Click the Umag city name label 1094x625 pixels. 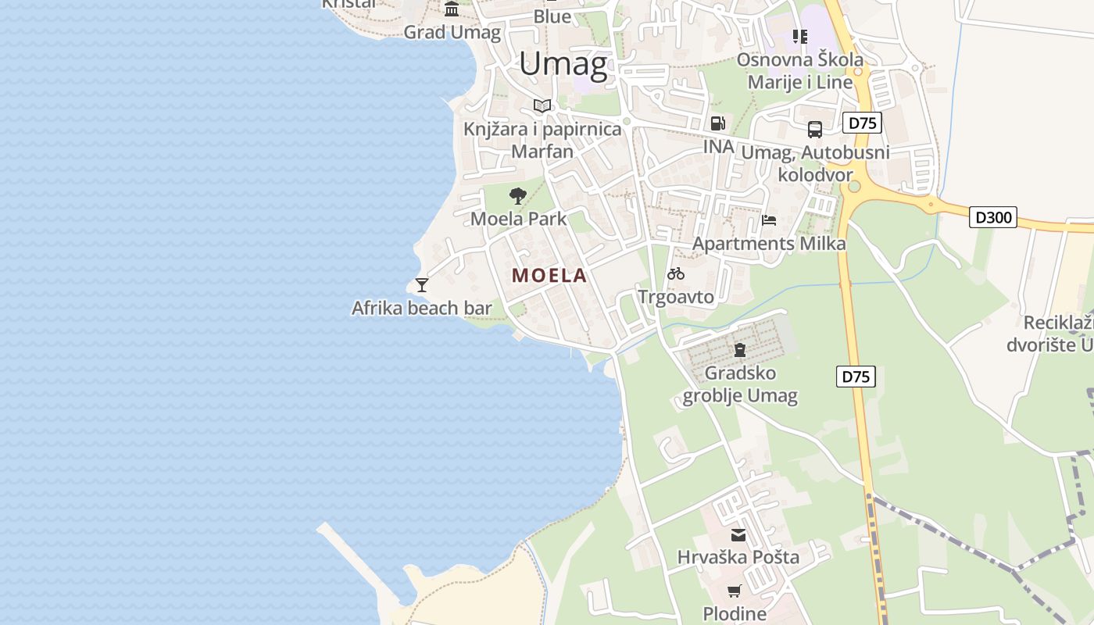pyautogui.click(x=563, y=64)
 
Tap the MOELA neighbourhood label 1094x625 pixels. pyautogui.click(x=549, y=275)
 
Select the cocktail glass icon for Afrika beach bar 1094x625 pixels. pyautogui.click(x=422, y=285)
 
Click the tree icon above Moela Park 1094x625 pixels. pyautogui.click(x=517, y=195)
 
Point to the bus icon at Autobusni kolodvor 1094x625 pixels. pyautogui.click(x=815, y=130)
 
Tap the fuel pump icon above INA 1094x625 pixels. pyautogui.click(x=717, y=123)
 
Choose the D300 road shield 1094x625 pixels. pyautogui.click(x=993, y=217)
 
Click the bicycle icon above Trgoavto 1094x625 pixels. pyautogui.click(x=676, y=273)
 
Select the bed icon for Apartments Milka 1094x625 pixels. pyautogui.click(x=769, y=220)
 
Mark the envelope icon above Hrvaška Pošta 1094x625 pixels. pyautogui.click(x=738, y=535)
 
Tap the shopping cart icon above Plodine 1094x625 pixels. pyautogui.click(x=734, y=591)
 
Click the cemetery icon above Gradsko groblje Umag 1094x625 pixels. pyautogui.click(x=739, y=349)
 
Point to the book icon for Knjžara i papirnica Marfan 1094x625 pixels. pyautogui.click(x=542, y=105)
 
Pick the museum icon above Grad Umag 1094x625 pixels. pyautogui.click(x=452, y=9)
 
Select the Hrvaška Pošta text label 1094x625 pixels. pyautogui.click(x=738, y=557)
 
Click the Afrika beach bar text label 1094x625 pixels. pyautogui.click(x=422, y=308)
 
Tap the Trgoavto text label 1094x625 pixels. pyautogui.click(x=676, y=297)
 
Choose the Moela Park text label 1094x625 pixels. pyautogui.click(x=518, y=219)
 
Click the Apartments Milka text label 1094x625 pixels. pyautogui.click(x=769, y=244)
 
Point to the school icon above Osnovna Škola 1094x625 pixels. pyautogui.click(x=799, y=36)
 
